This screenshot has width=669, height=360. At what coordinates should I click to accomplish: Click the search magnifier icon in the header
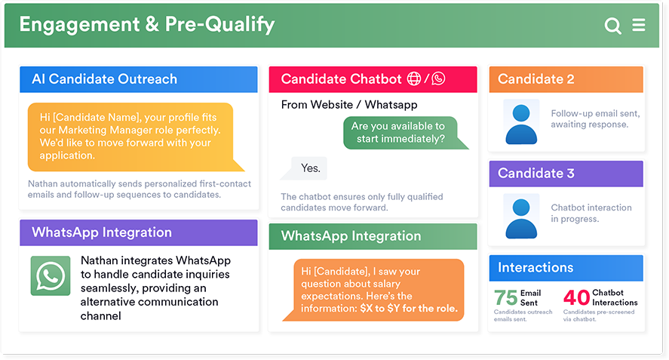[x=612, y=26]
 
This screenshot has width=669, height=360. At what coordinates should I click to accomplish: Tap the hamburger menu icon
[x=639, y=25]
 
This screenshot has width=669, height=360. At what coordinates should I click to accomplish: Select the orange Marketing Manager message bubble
[x=136, y=137]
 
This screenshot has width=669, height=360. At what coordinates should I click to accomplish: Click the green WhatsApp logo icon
[x=51, y=275]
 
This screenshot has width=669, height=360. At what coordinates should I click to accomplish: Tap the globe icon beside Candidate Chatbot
[x=414, y=78]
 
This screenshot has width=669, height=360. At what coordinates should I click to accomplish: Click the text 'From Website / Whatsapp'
[x=349, y=105]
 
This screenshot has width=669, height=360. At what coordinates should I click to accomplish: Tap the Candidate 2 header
[x=566, y=79]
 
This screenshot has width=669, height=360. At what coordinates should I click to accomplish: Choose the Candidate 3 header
[x=566, y=174]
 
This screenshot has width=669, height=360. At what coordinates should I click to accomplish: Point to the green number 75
[x=505, y=297]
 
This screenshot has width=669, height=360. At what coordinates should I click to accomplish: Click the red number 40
[x=576, y=297]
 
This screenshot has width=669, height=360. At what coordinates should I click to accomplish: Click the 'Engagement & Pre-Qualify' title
[x=147, y=25]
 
